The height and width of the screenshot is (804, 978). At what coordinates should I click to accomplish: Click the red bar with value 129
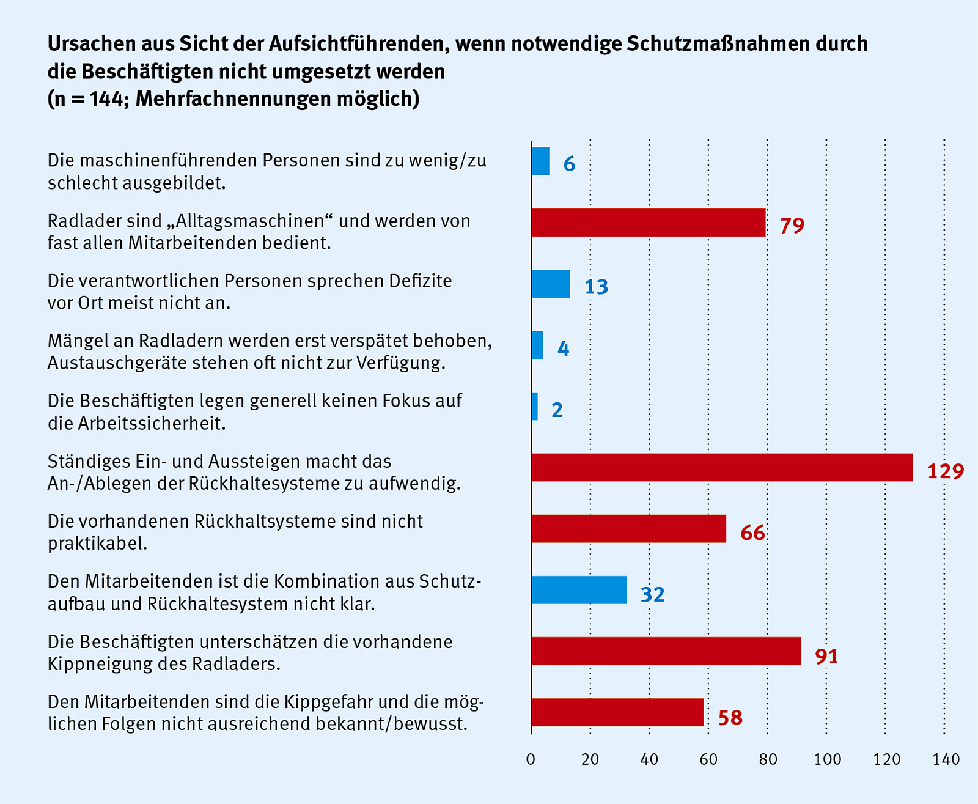click(x=721, y=467)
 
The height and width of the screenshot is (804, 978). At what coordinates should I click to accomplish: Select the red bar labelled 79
click(x=648, y=223)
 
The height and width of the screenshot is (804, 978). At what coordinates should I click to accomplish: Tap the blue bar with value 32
click(x=578, y=590)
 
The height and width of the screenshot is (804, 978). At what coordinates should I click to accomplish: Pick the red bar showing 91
click(x=666, y=651)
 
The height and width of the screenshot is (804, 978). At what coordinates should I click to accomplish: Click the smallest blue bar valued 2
click(x=535, y=407)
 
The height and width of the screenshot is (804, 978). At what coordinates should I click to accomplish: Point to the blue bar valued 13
click(x=550, y=284)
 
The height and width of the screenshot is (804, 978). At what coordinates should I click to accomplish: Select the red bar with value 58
click(x=617, y=712)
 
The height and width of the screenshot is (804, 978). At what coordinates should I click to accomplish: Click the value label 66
click(x=752, y=533)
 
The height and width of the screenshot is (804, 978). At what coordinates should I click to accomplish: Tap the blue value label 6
click(x=569, y=164)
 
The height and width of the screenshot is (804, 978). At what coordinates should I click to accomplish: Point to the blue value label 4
click(x=563, y=349)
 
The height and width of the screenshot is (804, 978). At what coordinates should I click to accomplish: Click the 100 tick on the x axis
click(x=827, y=759)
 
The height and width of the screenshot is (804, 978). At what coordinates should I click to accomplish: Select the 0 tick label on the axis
click(x=531, y=759)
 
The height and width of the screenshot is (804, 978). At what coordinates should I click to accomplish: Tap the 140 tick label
click(x=946, y=759)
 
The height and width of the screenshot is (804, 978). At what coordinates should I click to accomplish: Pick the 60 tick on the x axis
click(x=708, y=759)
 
